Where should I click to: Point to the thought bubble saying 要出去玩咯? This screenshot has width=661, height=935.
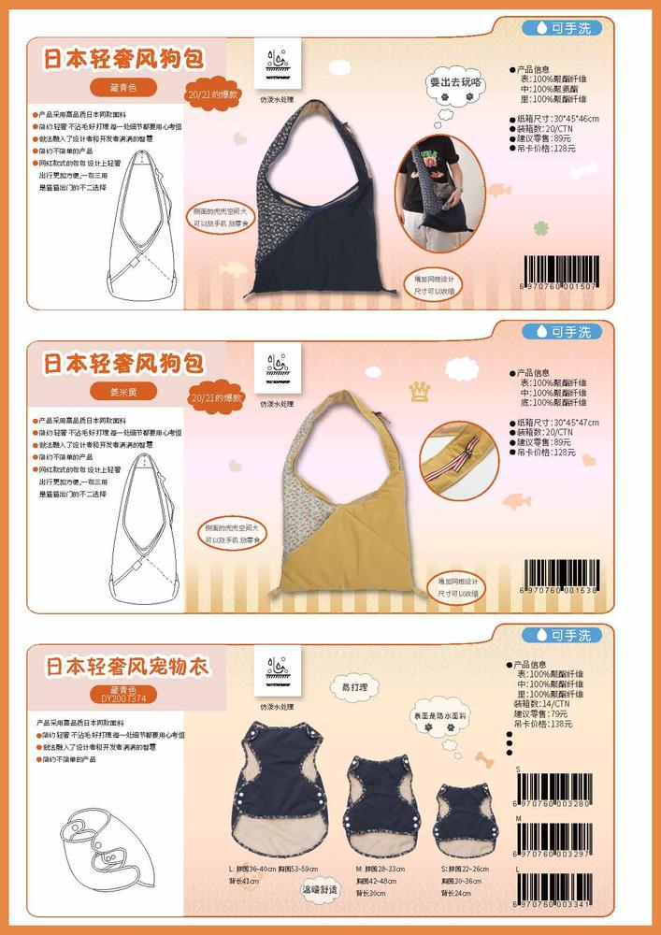[x=458, y=83]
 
